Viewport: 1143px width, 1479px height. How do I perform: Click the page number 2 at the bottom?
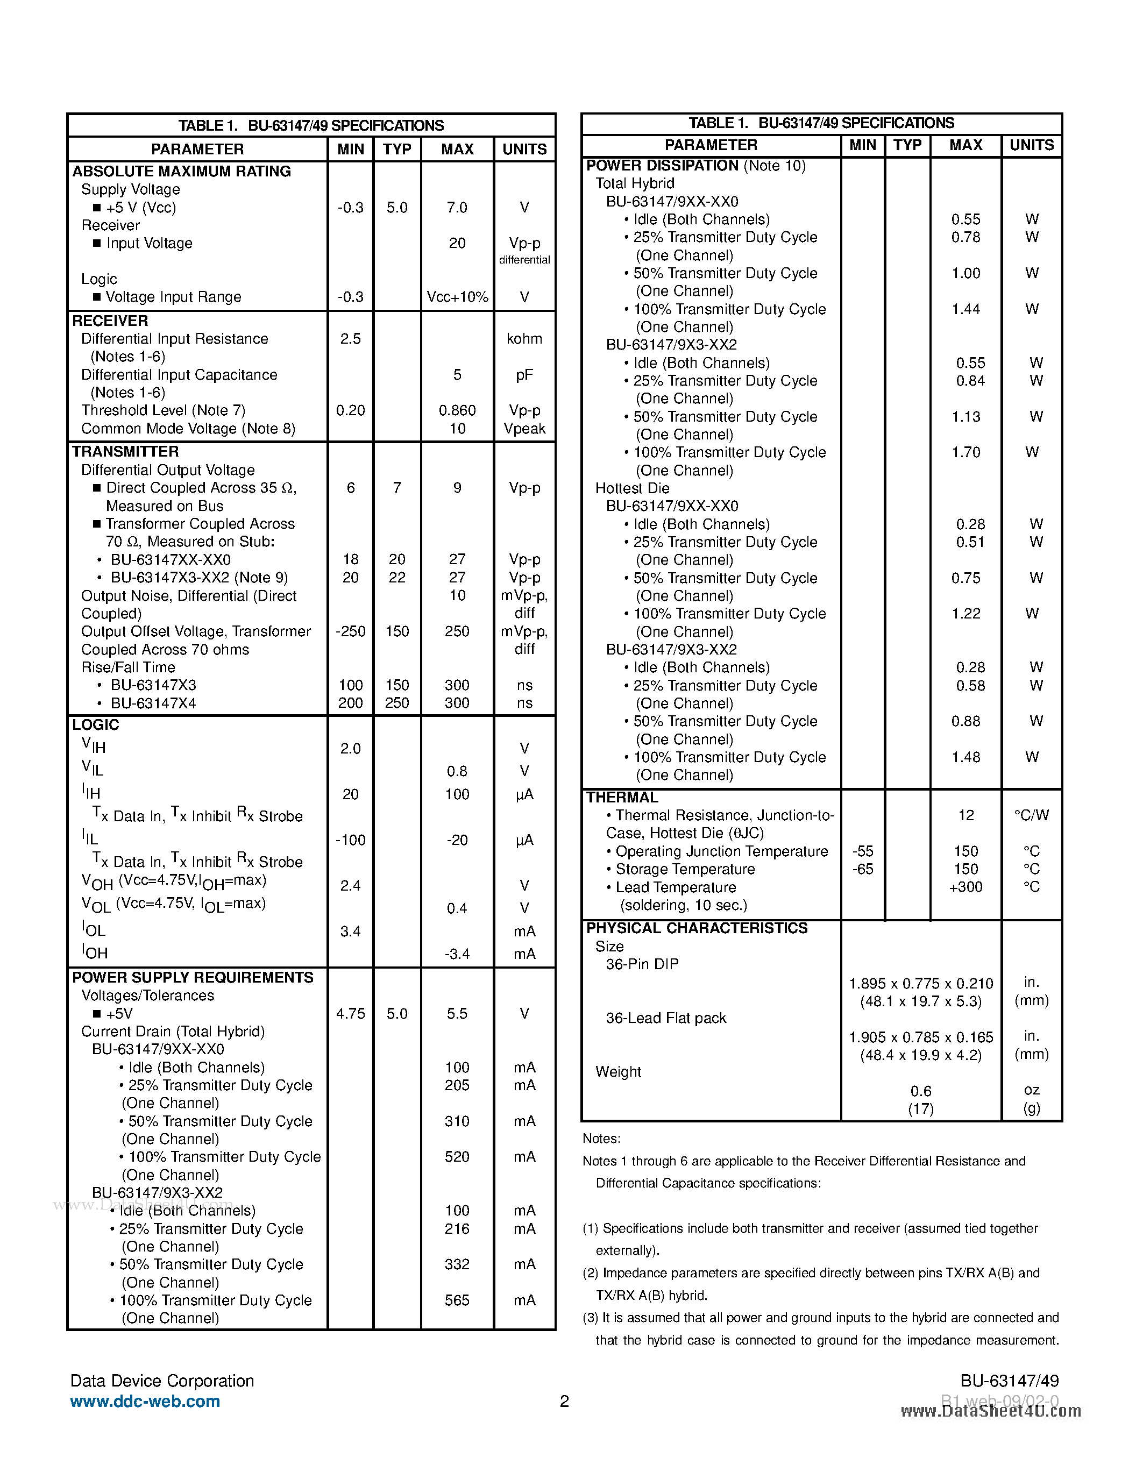coord(565,1401)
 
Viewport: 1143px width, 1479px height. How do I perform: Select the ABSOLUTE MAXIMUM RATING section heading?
coord(181,172)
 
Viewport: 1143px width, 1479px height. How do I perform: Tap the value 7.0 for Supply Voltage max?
coord(457,207)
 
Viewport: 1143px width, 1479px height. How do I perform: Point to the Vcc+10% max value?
coord(457,297)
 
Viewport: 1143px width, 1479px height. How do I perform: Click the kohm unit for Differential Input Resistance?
coord(524,339)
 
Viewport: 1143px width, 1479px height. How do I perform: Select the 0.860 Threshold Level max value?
coord(457,410)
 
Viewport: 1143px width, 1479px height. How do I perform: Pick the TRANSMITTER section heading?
coord(125,452)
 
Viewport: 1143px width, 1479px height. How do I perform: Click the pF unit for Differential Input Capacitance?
coord(524,374)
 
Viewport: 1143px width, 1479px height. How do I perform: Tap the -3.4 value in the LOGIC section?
coord(457,954)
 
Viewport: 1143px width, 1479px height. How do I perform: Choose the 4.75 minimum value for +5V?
coord(350,1014)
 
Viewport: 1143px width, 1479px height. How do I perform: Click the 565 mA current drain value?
coord(457,1300)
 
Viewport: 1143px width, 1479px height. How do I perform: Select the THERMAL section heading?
coord(622,797)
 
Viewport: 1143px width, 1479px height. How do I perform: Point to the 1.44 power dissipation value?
coord(965,309)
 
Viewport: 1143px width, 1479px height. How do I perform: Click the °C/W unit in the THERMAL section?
coord(1031,815)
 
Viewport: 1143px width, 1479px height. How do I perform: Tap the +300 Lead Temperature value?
coord(965,887)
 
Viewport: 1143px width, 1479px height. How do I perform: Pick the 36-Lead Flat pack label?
coord(665,1018)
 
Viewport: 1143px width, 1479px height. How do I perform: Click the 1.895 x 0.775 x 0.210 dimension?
coord(921,983)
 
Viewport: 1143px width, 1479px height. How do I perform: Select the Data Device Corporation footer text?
coord(162,1381)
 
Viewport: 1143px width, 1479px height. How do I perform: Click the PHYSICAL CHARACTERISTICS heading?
coord(697,928)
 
